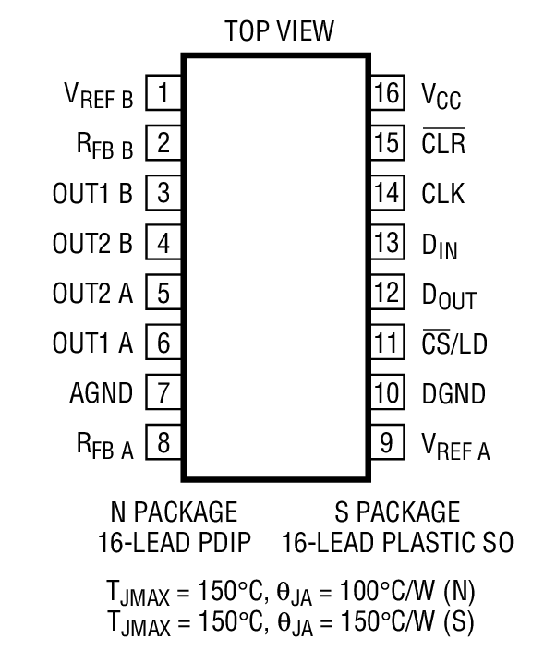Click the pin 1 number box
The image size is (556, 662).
[163, 93]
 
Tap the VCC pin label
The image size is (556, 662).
[441, 95]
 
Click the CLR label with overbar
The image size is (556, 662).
[443, 143]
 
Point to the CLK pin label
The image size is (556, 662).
[443, 193]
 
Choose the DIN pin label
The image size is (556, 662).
[440, 245]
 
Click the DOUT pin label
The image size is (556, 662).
[449, 295]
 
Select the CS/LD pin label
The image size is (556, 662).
[454, 344]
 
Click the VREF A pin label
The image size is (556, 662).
[455, 446]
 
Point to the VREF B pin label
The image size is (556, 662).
[98, 95]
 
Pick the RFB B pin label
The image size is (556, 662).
[104, 145]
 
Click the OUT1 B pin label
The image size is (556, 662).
[92, 194]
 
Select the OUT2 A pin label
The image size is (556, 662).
[92, 294]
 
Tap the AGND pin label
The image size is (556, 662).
[101, 394]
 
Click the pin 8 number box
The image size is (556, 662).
[163, 443]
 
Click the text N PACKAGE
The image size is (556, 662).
[174, 512]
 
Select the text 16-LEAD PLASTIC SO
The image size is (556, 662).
[397, 541]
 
